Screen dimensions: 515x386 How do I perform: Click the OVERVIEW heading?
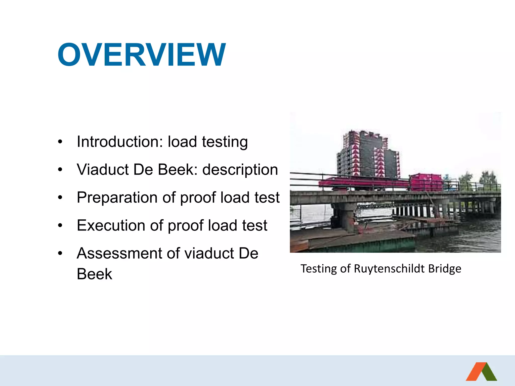142,55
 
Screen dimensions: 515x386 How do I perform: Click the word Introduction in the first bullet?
120,142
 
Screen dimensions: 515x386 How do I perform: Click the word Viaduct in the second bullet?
103,170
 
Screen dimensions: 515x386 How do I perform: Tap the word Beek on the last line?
94,274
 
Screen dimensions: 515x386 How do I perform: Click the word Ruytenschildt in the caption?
390,269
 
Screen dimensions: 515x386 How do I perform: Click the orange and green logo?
481,372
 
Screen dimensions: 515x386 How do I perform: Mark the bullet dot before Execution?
60,225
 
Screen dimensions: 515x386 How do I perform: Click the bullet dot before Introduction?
60,142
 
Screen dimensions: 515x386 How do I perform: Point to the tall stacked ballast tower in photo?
367,155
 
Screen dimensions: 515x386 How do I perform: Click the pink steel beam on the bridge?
362,183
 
